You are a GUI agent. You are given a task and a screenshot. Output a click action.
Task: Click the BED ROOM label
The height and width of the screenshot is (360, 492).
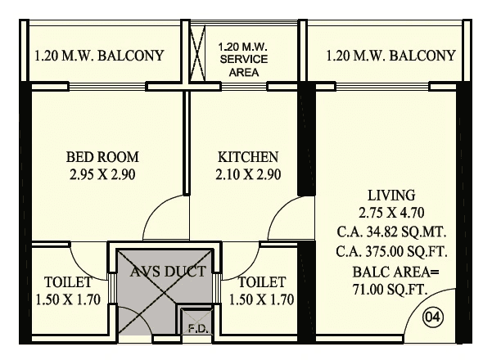tap(102, 157)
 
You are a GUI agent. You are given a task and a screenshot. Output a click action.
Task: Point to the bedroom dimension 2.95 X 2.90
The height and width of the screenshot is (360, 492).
tap(102, 175)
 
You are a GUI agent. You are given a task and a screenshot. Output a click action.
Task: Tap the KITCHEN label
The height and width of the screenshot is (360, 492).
tap(248, 157)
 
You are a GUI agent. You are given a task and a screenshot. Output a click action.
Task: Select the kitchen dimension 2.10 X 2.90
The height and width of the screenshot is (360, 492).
tap(248, 175)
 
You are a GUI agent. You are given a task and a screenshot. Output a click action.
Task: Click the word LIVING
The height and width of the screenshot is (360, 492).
tap(391, 196)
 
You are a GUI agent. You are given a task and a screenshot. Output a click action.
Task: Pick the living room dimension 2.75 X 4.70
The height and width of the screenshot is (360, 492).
tap(391, 213)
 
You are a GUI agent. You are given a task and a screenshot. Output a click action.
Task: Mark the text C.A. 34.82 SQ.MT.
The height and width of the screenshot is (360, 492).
tap(391, 232)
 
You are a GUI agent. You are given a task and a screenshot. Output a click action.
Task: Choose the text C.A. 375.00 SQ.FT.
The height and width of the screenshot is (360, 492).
tap(391, 250)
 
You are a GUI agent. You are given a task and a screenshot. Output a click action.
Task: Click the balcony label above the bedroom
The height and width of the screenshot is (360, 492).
tap(99, 56)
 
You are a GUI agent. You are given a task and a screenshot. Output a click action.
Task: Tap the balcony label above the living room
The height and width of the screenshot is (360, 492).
tap(390, 56)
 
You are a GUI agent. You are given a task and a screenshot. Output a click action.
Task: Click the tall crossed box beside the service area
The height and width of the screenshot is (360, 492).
tap(198, 51)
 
